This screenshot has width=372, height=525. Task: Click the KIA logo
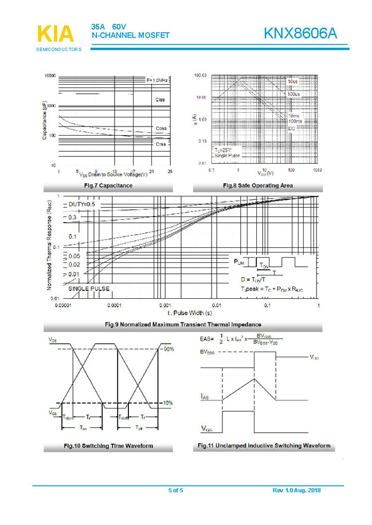56,34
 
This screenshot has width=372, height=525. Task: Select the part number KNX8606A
300,34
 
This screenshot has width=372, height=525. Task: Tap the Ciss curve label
160,100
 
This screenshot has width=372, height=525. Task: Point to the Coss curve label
161,128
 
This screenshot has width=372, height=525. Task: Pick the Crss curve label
161,144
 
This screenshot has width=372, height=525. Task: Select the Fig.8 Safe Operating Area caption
258,185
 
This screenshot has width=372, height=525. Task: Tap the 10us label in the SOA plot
292,82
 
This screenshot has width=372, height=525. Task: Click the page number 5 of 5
176,491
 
